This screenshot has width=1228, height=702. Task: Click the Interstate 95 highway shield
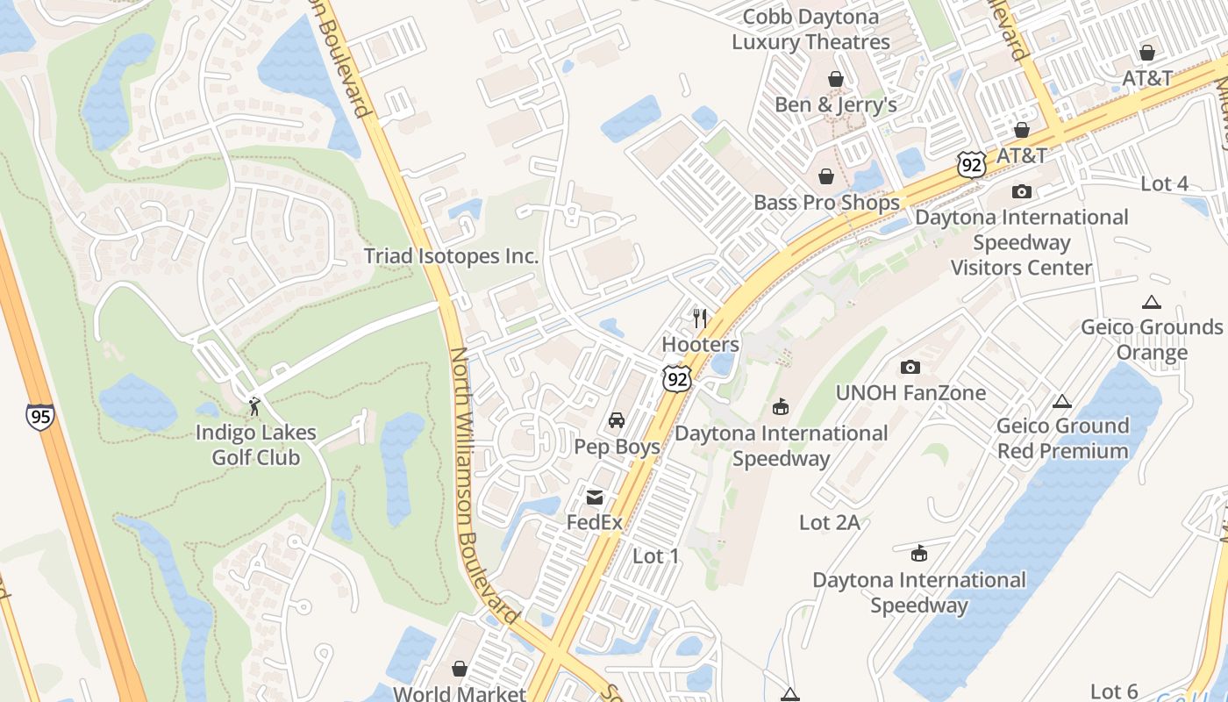(39, 416)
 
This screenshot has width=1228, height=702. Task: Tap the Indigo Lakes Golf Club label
(255, 445)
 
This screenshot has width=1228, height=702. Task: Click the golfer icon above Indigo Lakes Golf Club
(254, 405)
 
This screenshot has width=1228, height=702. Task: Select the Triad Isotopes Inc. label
(451, 256)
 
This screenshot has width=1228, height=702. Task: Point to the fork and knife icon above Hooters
(699, 318)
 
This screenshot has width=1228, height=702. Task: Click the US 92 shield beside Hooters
(677, 378)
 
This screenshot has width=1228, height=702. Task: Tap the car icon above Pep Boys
(617, 420)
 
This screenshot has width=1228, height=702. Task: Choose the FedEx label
(594, 522)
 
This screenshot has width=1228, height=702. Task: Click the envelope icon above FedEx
(595, 498)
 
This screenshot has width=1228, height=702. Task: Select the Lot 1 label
(655, 555)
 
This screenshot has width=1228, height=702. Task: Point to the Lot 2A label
(829, 523)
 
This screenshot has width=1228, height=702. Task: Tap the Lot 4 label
(1164, 184)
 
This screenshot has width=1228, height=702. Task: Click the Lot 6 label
(1114, 691)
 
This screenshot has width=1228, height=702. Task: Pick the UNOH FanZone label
(910, 393)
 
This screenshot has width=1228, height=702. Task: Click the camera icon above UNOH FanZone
(910, 367)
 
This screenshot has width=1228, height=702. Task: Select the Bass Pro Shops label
(826, 203)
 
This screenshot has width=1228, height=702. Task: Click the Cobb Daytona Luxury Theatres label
(810, 29)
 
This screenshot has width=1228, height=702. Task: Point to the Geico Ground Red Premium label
(1062, 439)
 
